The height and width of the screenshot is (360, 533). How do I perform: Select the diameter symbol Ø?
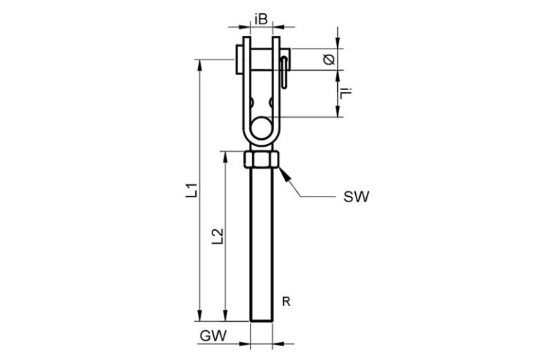(x=329, y=60)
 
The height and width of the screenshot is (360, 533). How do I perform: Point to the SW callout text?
(x=356, y=197)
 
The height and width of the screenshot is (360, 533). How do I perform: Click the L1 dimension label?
(x=193, y=191)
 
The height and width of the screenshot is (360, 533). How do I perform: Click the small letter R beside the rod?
(x=285, y=301)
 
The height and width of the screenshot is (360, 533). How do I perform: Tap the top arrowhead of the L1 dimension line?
(x=200, y=63)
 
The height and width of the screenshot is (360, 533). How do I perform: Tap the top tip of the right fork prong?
(x=276, y=39)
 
